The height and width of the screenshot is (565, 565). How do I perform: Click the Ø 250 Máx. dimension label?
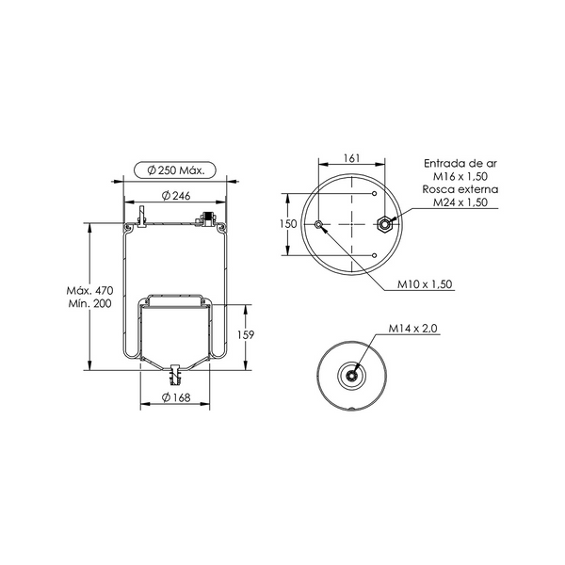175,170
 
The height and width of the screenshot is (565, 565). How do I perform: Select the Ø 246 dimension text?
176,196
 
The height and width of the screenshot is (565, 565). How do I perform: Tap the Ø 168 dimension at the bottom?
176,397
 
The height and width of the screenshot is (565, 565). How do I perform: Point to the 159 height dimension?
246,334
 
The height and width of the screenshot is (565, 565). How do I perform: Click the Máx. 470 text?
89,290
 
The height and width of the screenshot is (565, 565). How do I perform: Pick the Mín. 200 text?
89,303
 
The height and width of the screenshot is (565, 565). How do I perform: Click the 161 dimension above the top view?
351,158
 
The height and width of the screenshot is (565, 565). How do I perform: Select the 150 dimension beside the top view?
288,224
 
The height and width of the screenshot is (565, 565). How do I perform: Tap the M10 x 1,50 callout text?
425,284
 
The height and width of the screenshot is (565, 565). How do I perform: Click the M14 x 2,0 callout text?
413,329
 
